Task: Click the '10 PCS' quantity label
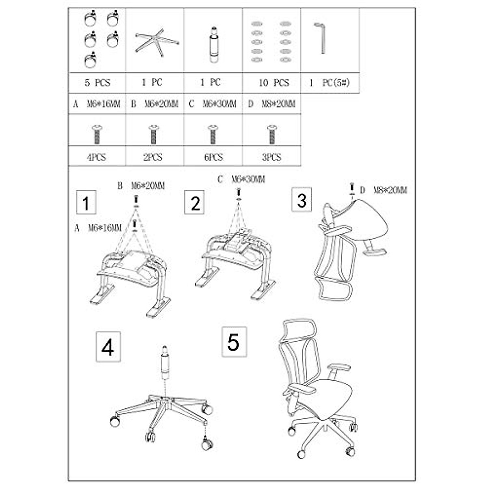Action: coord(274,83)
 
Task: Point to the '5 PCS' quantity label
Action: coord(97,83)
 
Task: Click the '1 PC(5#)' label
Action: coord(329,83)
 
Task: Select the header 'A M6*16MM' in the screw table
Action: coord(97,104)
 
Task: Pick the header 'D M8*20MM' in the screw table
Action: coord(272,104)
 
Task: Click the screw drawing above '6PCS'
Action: coord(212,134)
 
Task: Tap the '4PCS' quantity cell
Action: coord(97,157)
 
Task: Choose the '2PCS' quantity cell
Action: coord(153,157)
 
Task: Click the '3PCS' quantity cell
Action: coord(272,157)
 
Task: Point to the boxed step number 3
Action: coord(302,200)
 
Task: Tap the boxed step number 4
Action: coord(108,347)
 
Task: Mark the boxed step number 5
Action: coord(233,342)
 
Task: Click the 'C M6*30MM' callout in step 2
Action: coord(241,179)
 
